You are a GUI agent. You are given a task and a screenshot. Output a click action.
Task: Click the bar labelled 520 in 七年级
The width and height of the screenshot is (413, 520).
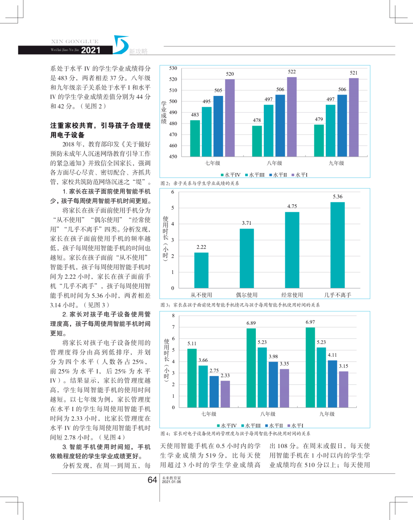click(x=230, y=118)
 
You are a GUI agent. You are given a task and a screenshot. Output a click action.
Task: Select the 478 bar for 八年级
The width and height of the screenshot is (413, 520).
click(x=257, y=141)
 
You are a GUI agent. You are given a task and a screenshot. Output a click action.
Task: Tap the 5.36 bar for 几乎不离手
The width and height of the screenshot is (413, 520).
click(x=337, y=245)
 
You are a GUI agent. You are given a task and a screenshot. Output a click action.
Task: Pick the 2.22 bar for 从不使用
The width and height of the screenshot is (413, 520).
click(x=201, y=270)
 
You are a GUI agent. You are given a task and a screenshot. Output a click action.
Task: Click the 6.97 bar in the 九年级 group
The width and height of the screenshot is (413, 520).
click(x=310, y=367)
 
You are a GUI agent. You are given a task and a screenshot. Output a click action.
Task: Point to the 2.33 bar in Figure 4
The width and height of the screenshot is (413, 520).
click(x=225, y=394)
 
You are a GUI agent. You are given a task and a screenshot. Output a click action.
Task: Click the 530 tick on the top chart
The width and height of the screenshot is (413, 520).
click(x=173, y=68)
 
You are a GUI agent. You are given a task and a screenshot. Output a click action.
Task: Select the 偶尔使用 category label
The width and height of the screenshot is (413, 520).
click(x=247, y=295)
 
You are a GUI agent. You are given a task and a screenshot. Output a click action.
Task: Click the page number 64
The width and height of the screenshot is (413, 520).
click(x=152, y=480)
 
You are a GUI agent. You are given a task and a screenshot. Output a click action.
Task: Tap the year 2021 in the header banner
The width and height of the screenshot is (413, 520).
click(x=91, y=50)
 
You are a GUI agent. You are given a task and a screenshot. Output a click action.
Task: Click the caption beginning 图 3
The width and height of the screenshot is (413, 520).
click(x=240, y=305)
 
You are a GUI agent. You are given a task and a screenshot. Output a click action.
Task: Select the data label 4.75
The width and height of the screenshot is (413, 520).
click(x=292, y=206)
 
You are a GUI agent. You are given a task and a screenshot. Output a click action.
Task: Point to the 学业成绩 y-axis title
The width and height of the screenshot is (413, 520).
click(x=164, y=112)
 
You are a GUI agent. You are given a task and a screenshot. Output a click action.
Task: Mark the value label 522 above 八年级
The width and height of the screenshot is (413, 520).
click(x=292, y=72)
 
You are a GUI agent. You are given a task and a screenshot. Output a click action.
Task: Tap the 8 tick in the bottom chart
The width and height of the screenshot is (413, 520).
click(x=173, y=316)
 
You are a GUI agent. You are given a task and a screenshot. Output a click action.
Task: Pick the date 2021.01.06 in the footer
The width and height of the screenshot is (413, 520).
click(x=171, y=482)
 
